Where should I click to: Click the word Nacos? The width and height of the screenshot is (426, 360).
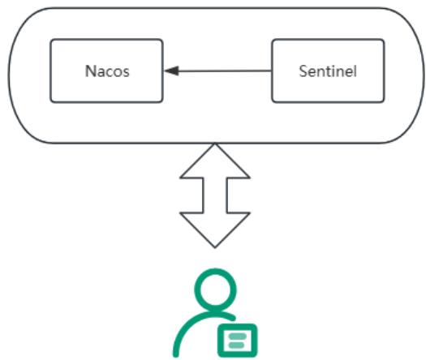[x=107, y=71]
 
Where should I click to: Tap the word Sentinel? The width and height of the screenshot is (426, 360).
[x=328, y=71]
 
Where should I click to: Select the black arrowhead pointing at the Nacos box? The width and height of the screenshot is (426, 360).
[x=171, y=71]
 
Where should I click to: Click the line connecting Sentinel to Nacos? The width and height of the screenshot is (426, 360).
[x=218, y=71]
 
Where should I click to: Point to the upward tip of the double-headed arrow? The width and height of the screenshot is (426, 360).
[x=215, y=144]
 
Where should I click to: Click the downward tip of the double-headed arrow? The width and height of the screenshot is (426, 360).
[x=215, y=247]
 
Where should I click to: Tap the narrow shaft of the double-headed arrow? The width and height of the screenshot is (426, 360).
[x=215, y=195]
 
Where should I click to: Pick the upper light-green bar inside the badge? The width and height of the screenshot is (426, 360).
[x=238, y=336]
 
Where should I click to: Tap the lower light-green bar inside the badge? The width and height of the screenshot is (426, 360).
[x=237, y=345]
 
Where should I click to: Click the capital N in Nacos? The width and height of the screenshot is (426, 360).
[x=90, y=71]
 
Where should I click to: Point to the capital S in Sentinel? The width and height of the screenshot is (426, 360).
[x=303, y=71]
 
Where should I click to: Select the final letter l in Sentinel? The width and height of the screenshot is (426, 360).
[x=355, y=71]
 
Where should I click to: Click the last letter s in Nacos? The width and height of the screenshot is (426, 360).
[x=126, y=73]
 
